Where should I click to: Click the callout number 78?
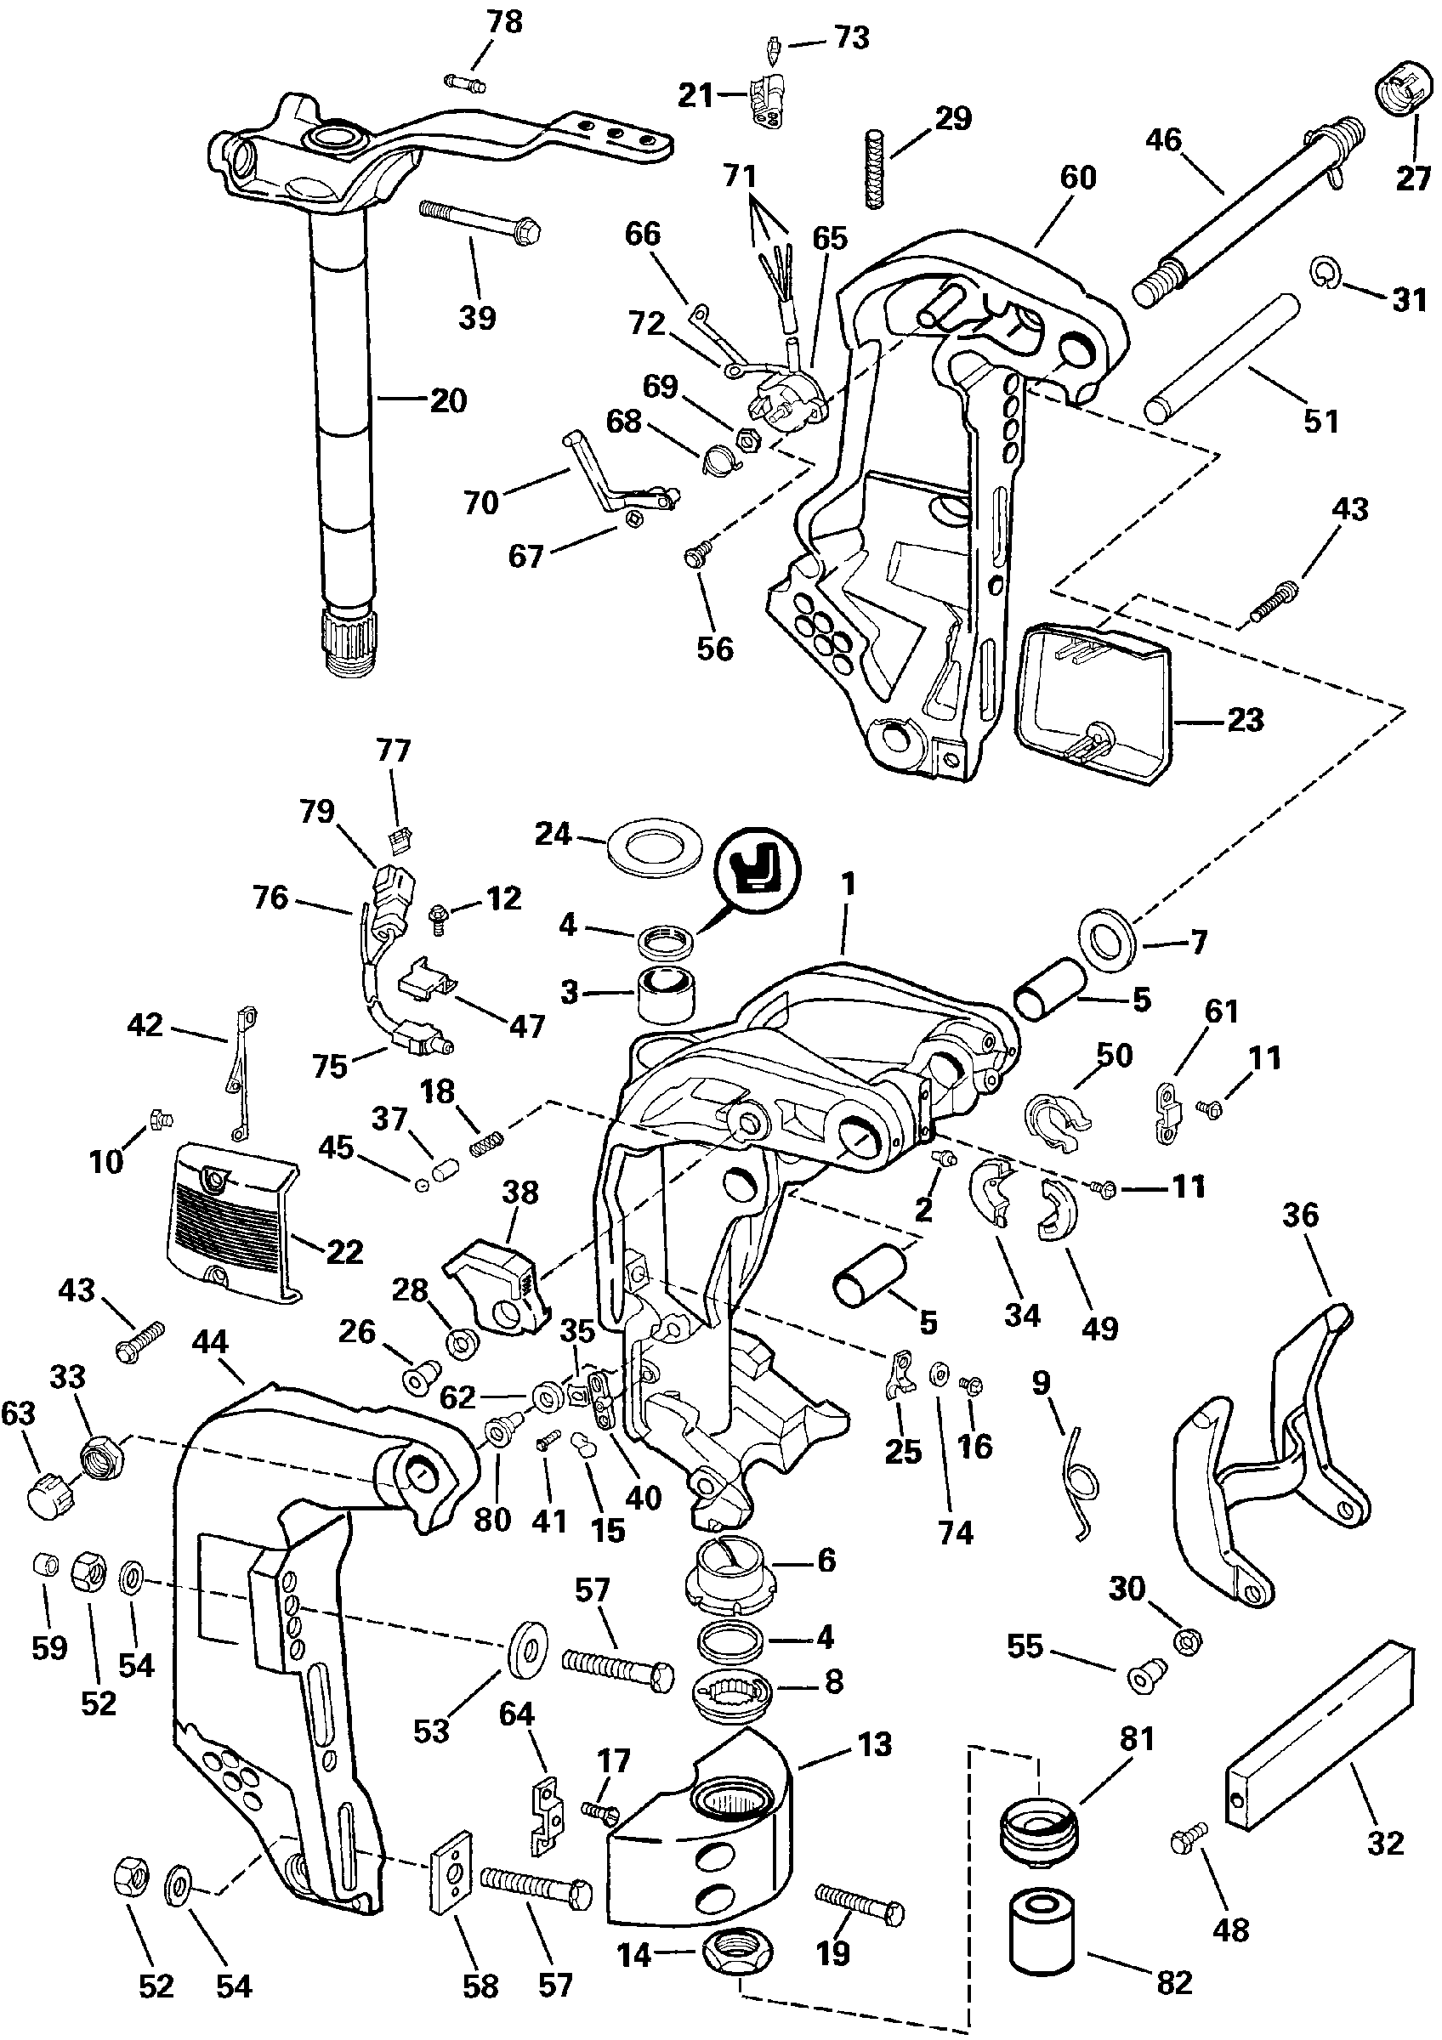click(x=506, y=22)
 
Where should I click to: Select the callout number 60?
click(x=1078, y=178)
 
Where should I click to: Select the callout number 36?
click(x=1301, y=1216)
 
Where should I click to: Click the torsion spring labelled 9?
click(x=1081, y=1482)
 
